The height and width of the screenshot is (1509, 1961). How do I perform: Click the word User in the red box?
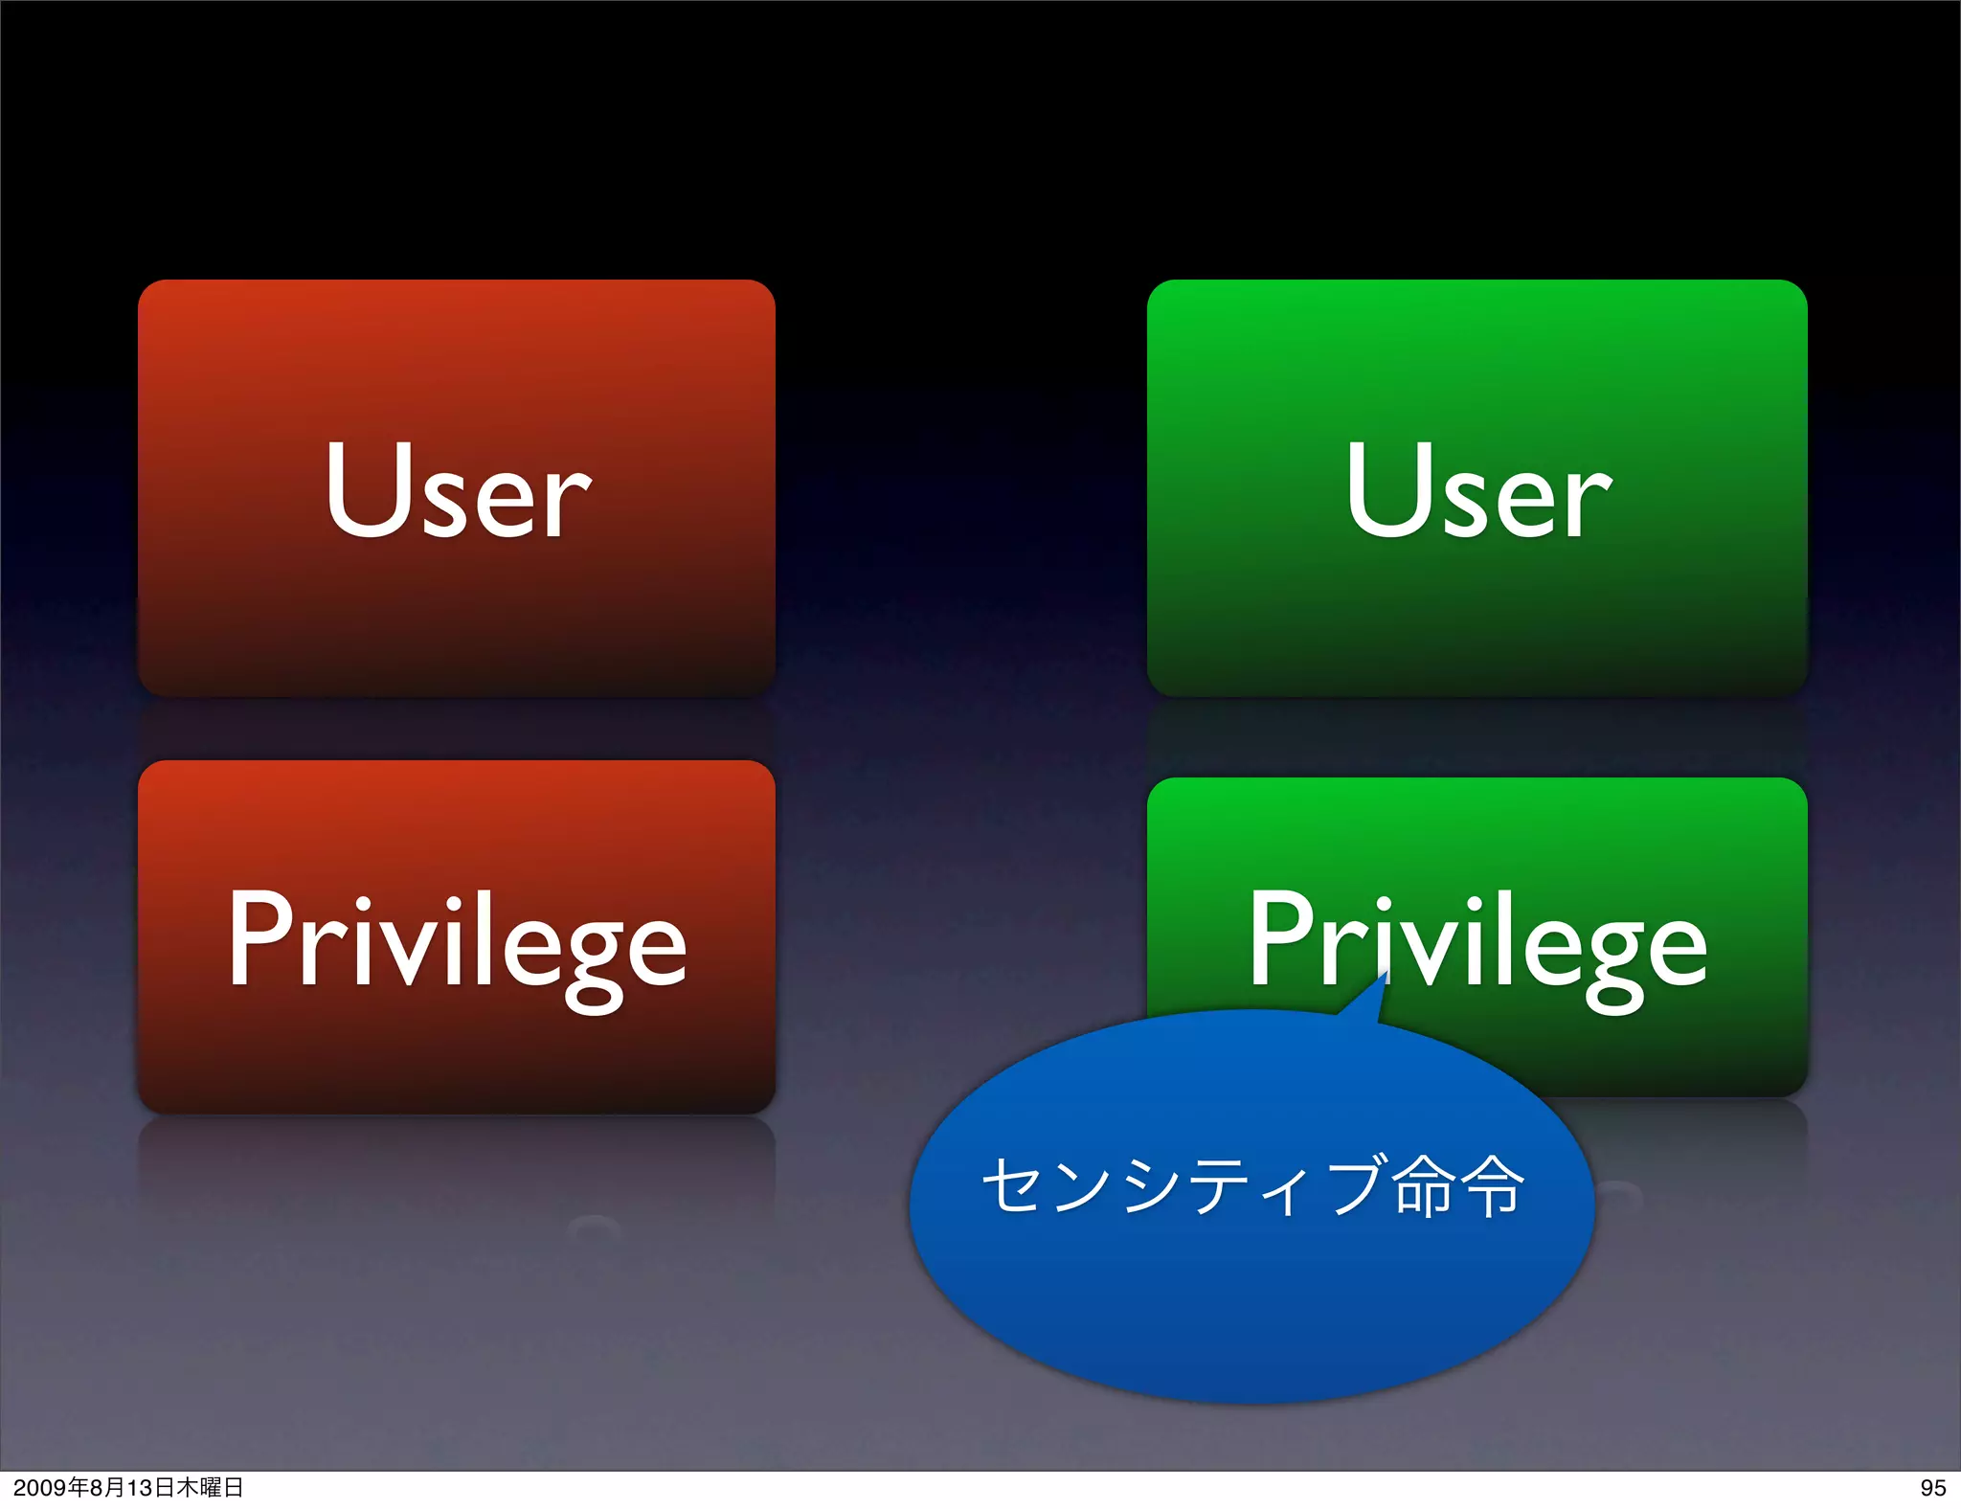(x=458, y=490)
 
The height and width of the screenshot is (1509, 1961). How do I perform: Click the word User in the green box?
(x=1478, y=490)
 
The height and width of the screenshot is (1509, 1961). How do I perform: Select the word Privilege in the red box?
(x=457, y=943)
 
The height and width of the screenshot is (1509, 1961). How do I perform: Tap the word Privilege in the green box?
(x=1477, y=943)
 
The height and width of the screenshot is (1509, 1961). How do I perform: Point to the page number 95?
(x=1932, y=1488)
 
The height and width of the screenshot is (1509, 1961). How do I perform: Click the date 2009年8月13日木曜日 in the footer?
(x=128, y=1488)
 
